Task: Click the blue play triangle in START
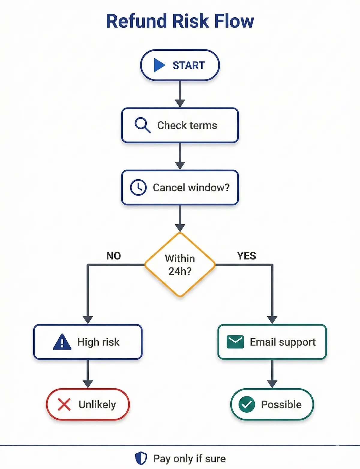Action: click(x=159, y=65)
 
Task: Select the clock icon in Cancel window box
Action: click(x=138, y=187)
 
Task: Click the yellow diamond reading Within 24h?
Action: click(x=180, y=265)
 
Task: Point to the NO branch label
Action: click(x=113, y=256)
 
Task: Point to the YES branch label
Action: click(x=247, y=256)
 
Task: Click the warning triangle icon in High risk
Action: click(x=62, y=342)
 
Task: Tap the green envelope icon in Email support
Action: click(x=235, y=342)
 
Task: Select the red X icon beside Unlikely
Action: click(x=64, y=405)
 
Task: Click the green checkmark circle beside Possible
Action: click(x=247, y=405)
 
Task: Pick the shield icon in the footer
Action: click(x=141, y=458)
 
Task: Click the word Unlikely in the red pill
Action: click(x=97, y=405)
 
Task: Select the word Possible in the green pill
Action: click(x=281, y=405)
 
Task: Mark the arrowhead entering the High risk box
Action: click(x=88, y=320)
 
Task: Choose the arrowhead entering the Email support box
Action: click(x=272, y=320)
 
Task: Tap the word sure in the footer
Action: click(x=215, y=459)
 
